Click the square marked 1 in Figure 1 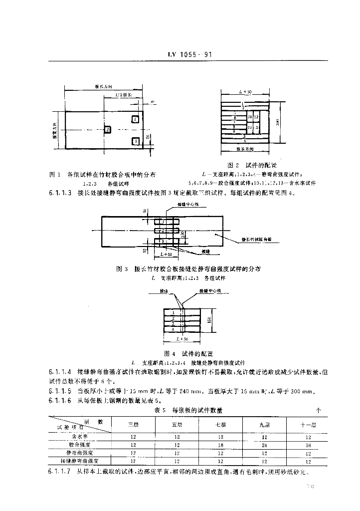(x=136, y=119)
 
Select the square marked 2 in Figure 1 (x=108, y=130)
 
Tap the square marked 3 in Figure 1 (x=136, y=142)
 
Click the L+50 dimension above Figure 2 (x=244, y=93)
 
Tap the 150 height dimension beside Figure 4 (x=210, y=319)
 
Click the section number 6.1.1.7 (x=60, y=472)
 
